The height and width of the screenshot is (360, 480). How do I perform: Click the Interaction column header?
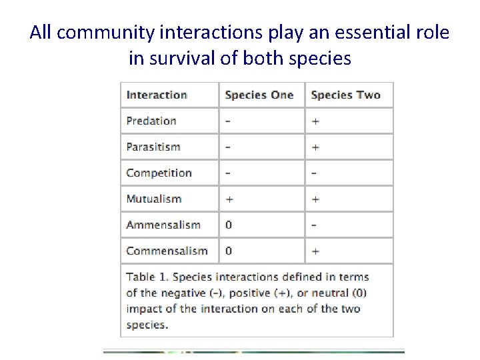click(157, 95)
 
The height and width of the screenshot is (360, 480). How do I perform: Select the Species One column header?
click(259, 95)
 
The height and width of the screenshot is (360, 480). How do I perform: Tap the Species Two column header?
click(345, 95)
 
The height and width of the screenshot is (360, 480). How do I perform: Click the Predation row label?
click(151, 121)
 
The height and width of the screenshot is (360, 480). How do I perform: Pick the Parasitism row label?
click(153, 147)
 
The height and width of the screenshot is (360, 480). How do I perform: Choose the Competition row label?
click(159, 173)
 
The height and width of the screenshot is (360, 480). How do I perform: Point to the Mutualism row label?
click(153, 199)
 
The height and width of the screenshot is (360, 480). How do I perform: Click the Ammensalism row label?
click(163, 225)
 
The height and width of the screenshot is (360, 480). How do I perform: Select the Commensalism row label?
click(167, 251)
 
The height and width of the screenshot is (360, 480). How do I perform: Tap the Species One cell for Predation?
click(229, 121)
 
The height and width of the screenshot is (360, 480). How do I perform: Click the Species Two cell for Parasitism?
click(315, 147)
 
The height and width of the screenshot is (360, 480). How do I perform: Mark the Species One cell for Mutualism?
click(229, 199)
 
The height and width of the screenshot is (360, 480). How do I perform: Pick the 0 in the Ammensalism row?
click(229, 225)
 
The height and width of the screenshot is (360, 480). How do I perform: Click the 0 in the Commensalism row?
click(229, 251)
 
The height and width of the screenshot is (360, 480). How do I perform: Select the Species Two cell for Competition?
click(314, 173)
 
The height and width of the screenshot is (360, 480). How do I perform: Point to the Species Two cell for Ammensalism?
click(314, 225)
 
